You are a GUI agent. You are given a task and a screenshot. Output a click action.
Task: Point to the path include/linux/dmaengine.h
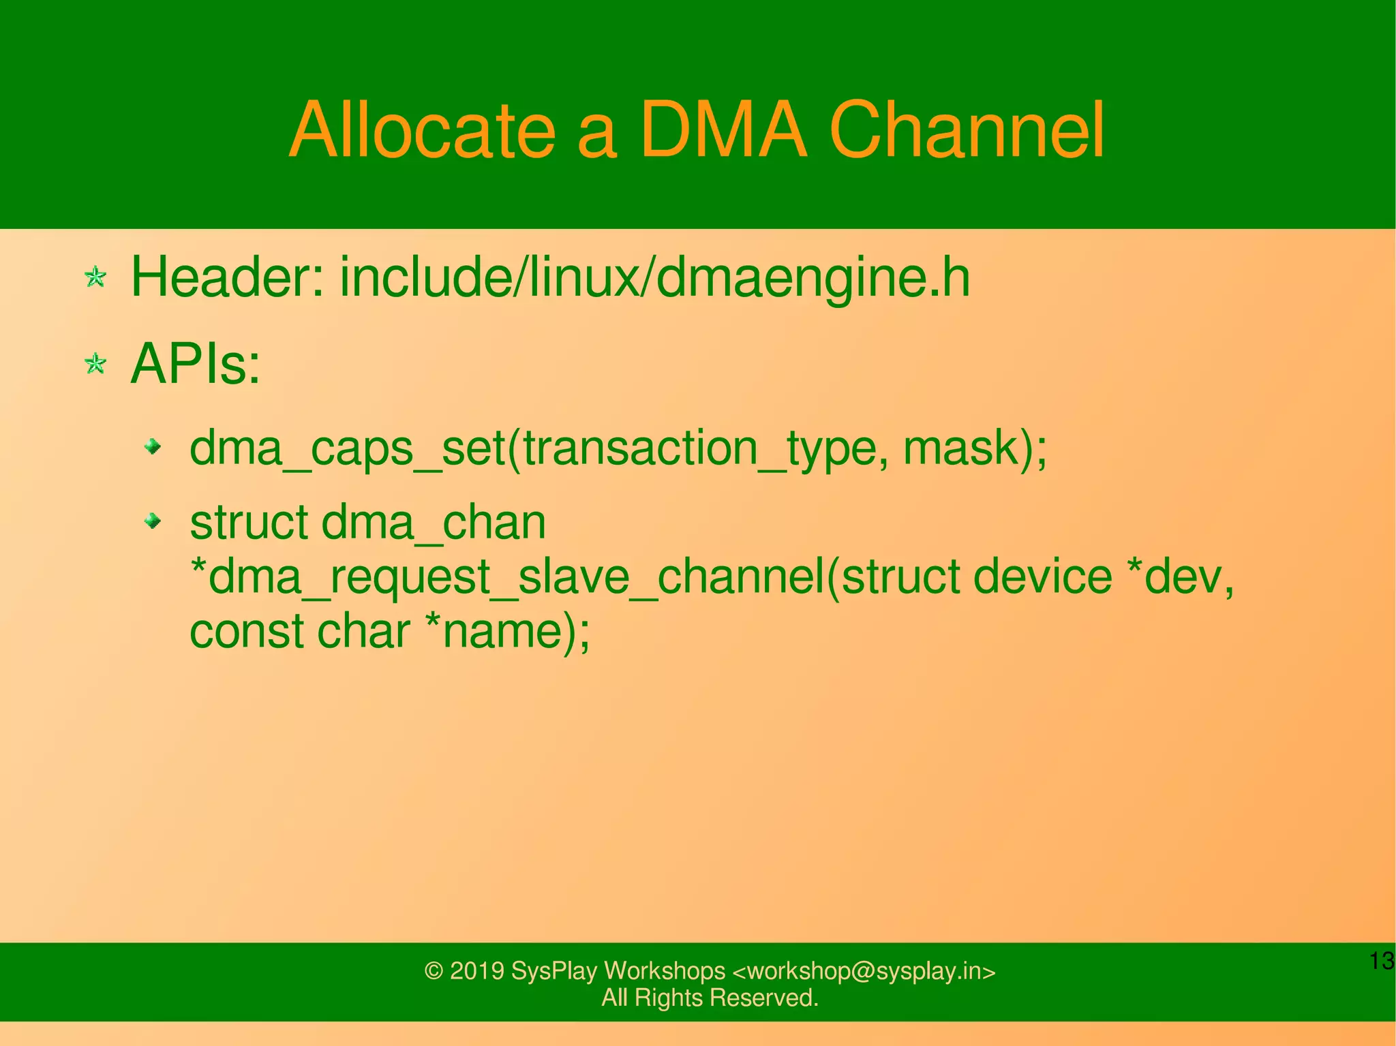654,278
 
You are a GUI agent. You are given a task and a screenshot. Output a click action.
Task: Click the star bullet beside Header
95,277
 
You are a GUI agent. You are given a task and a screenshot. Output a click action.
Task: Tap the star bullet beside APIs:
95,364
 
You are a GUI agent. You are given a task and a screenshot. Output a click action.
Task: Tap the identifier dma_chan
434,523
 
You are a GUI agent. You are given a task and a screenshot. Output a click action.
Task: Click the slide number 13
1382,962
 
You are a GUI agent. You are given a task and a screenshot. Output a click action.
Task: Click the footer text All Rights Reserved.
710,998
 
